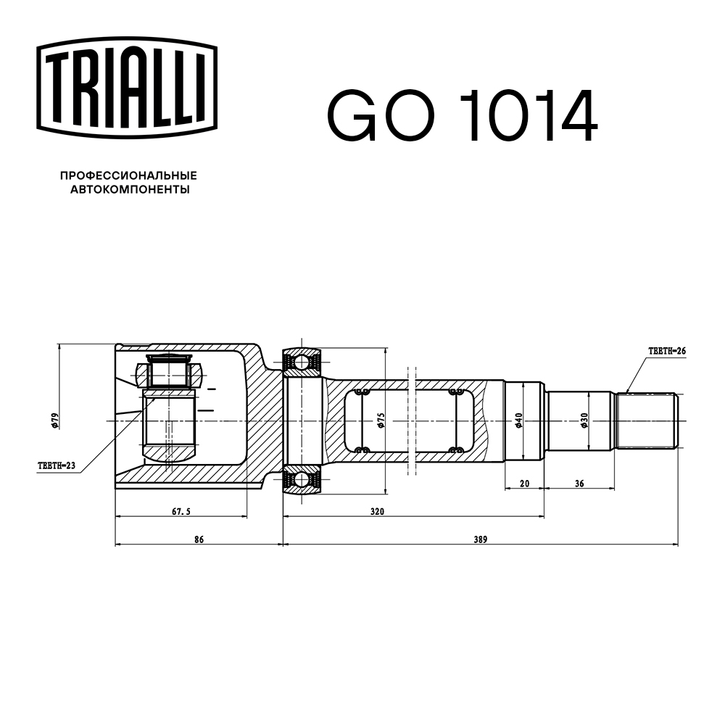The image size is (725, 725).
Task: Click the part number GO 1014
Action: (462, 117)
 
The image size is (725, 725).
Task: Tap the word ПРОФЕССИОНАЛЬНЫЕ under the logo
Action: (128, 175)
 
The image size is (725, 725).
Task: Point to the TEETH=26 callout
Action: (666, 351)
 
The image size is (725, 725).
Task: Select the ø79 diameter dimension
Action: (55, 420)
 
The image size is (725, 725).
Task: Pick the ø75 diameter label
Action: (381, 420)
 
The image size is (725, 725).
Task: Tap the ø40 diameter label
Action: (518, 420)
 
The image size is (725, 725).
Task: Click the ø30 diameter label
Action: (584, 420)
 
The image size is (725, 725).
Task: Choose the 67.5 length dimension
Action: (181, 511)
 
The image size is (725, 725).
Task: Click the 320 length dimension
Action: (377, 511)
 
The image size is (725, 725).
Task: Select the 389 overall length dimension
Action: (479, 539)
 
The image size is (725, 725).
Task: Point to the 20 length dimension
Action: (523, 483)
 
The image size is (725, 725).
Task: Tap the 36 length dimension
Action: (579, 483)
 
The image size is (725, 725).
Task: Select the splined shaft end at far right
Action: (647, 420)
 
